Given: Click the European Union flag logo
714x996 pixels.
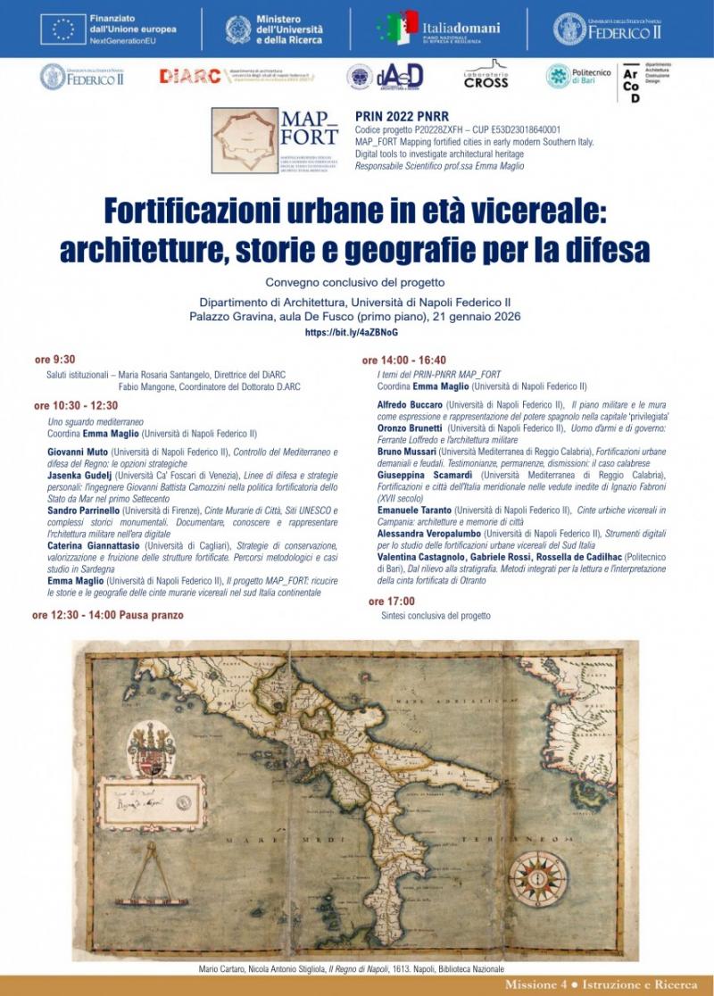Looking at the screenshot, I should pos(62,29).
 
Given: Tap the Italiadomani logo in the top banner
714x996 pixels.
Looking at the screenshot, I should pos(437,28).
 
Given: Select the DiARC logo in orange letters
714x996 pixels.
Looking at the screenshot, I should pos(189,76).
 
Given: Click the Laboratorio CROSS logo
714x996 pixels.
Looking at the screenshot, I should pos(486,75).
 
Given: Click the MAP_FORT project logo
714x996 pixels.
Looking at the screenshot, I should pos(275,139).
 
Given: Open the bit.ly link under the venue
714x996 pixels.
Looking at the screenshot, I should pos(357,332).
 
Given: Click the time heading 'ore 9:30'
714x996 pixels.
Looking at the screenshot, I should pos(55,359).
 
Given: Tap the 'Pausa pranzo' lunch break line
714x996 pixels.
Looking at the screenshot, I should pos(108,615).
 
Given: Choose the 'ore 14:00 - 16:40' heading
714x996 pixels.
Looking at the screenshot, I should pos(404,361).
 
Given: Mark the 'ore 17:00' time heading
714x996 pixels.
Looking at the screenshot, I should pos(392,602).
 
